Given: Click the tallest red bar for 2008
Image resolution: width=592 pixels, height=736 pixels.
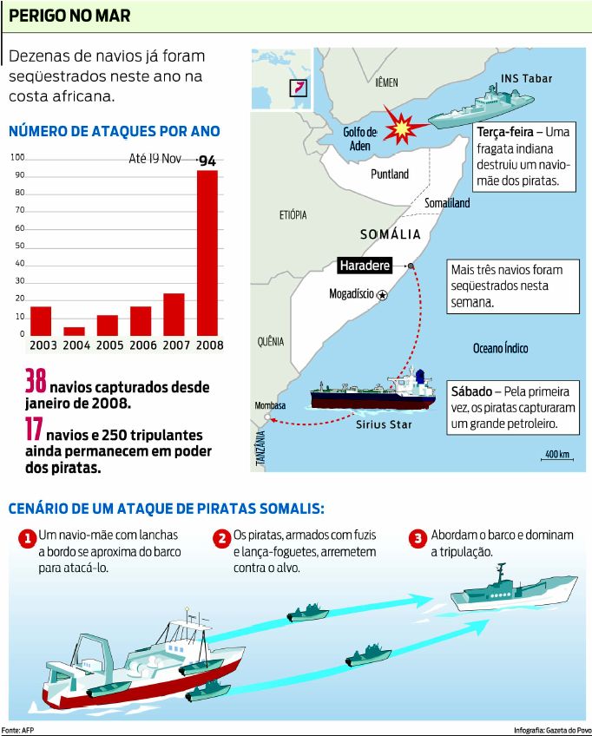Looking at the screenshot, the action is pyautogui.click(x=207, y=252).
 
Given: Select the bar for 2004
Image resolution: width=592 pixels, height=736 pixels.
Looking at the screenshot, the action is pyautogui.click(x=75, y=331).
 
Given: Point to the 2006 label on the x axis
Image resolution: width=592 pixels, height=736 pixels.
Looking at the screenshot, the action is pyautogui.click(x=141, y=345).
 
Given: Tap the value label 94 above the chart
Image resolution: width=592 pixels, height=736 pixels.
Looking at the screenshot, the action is pyautogui.click(x=207, y=161).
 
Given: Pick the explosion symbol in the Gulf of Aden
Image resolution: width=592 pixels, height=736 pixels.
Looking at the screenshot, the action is pyautogui.click(x=401, y=128).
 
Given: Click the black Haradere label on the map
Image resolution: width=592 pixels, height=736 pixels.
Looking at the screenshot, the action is pyautogui.click(x=365, y=266).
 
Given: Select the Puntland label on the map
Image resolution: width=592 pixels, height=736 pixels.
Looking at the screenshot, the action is pyautogui.click(x=390, y=174).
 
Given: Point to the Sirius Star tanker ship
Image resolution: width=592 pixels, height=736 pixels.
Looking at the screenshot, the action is pyautogui.click(x=373, y=392).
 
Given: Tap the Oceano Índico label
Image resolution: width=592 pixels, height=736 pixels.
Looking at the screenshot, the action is pyautogui.click(x=500, y=349).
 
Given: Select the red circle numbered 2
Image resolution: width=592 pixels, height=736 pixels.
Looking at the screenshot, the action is pyautogui.click(x=222, y=539).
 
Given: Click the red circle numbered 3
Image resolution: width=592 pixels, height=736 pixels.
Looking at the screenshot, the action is pyautogui.click(x=418, y=539).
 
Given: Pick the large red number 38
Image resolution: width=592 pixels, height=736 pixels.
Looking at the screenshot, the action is pyautogui.click(x=35, y=383).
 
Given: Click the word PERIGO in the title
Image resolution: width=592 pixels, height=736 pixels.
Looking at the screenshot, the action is pyautogui.click(x=36, y=16).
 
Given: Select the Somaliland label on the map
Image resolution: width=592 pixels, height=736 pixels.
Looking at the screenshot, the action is pyautogui.click(x=447, y=203).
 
